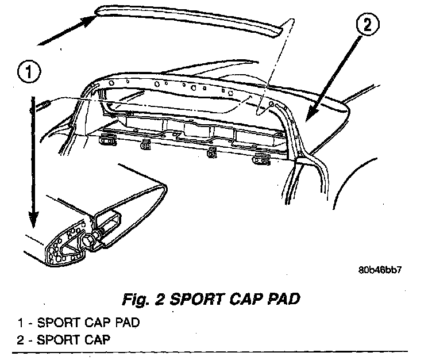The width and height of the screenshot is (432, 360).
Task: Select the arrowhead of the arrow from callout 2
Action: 310,113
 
